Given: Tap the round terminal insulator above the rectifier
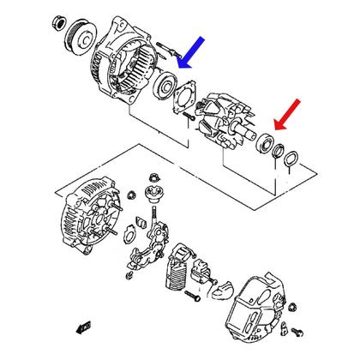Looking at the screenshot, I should tap(155, 195).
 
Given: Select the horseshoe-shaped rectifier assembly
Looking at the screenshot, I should tap(149, 245).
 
